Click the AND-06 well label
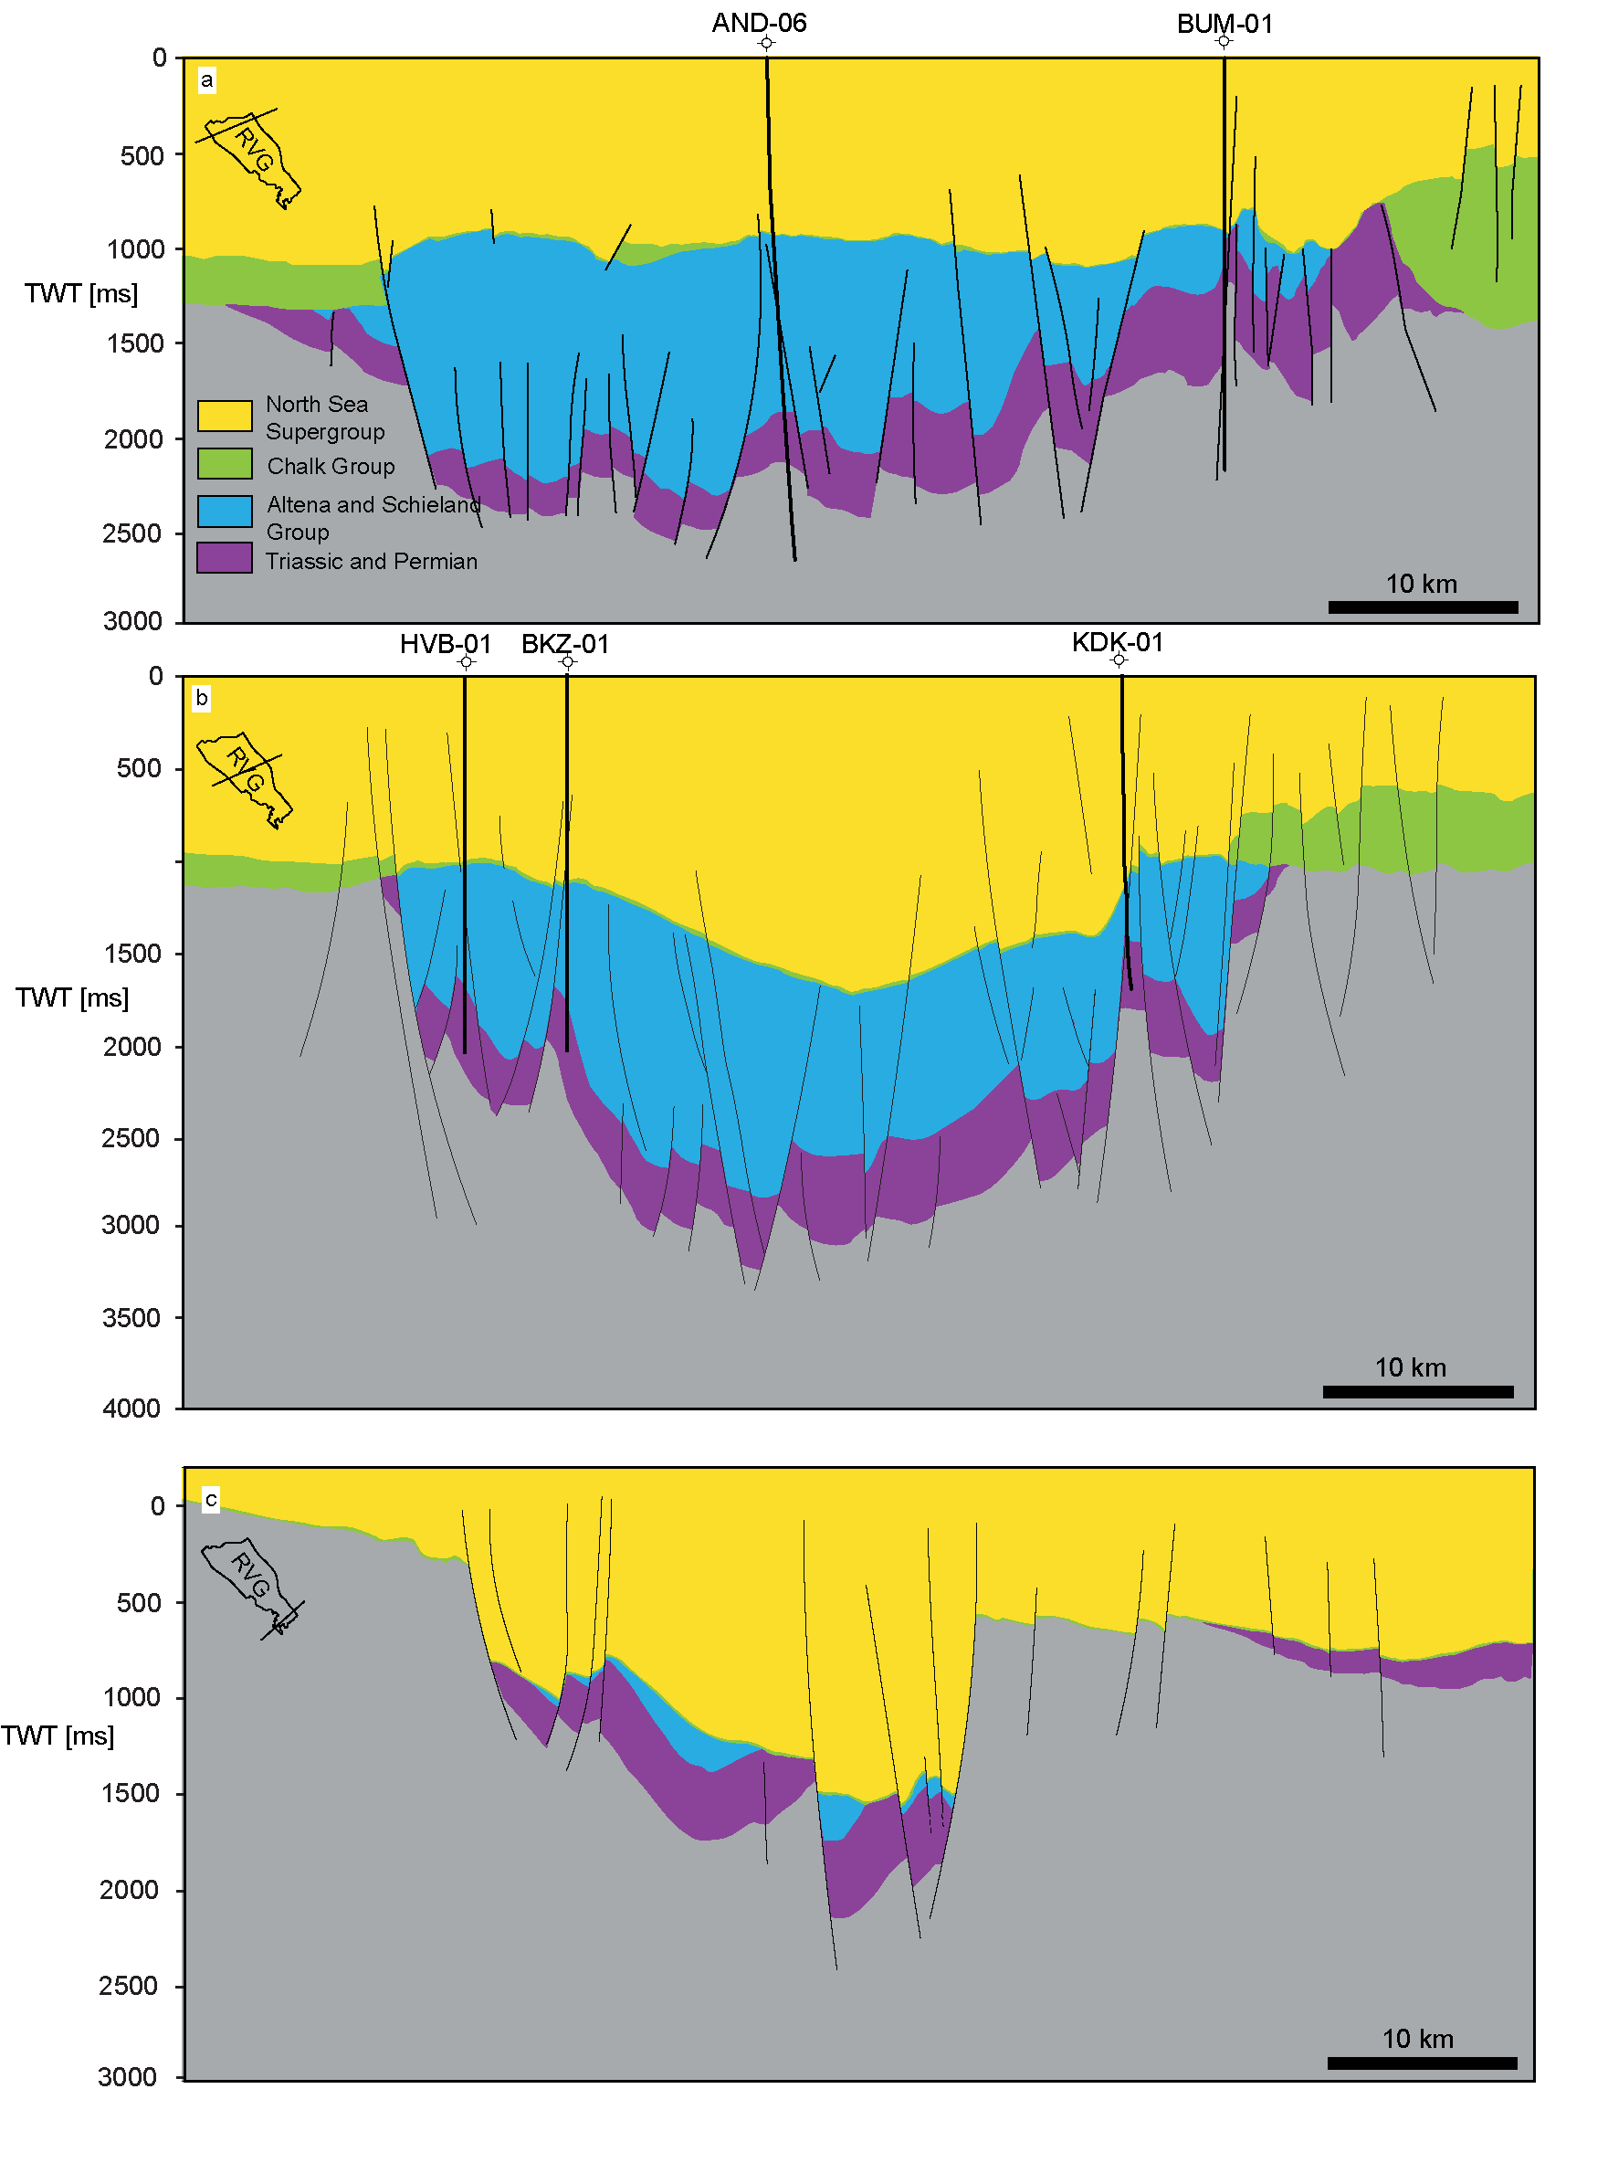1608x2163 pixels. pyautogui.click(x=759, y=23)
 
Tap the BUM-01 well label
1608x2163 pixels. pyautogui.click(x=1224, y=24)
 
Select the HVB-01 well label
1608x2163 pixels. pyautogui.click(x=445, y=643)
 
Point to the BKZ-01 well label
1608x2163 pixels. pyautogui.click(x=564, y=643)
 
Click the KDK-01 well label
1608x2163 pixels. pyautogui.click(x=1117, y=641)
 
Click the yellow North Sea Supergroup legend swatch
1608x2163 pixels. pyautogui.click(x=225, y=415)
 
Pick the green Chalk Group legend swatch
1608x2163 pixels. pyautogui.click(x=225, y=463)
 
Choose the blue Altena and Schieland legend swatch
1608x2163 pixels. pyautogui.click(x=225, y=510)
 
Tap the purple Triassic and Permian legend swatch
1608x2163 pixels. pyautogui.click(x=225, y=558)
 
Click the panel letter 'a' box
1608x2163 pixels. pyautogui.click(x=206, y=79)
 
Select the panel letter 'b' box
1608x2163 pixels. pyautogui.click(x=202, y=698)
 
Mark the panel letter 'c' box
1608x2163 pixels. pyautogui.click(x=210, y=1499)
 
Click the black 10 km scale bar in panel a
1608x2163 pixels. pyautogui.click(x=1422, y=607)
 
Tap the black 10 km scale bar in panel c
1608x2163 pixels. pyautogui.click(x=1421, y=2063)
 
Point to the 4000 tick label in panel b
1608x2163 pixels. pyautogui.click(x=131, y=1408)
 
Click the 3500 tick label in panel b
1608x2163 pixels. pyautogui.click(x=131, y=1317)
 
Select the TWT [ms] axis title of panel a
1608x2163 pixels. pyautogui.click(x=80, y=293)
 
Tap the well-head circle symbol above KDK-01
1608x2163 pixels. pyautogui.click(x=1119, y=660)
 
